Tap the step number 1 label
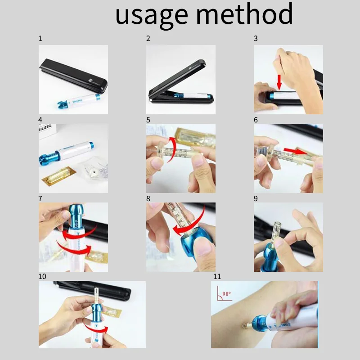(x=40, y=39)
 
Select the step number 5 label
(x=148, y=120)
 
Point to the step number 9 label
(x=256, y=198)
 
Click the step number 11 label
(x=217, y=276)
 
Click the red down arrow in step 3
(x=279, y=81)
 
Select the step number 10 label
(x=42, y=276)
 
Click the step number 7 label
(x=40, y=198)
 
